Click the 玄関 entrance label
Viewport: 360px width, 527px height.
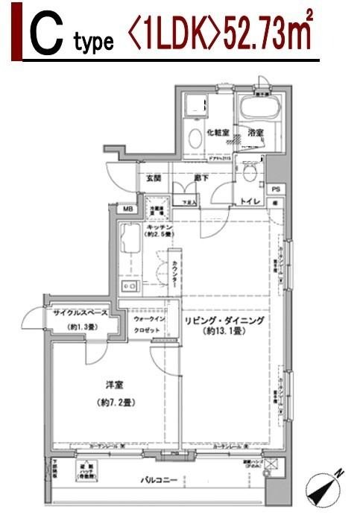(154, 178)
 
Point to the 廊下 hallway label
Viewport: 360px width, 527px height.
(200, 178)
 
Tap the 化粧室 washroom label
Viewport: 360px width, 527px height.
(218, 133)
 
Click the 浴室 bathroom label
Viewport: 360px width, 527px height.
(256, 133)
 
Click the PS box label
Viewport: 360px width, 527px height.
(276, 189)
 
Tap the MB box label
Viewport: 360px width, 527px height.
(127, 209)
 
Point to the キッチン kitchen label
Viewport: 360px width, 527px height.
(160, 226)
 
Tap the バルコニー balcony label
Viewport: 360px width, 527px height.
(160, 479)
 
